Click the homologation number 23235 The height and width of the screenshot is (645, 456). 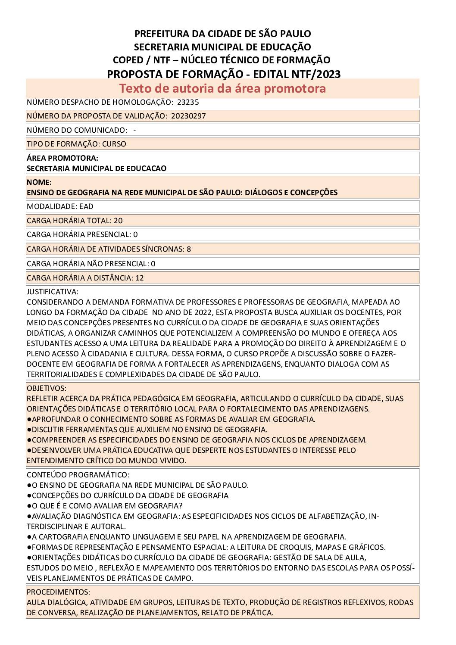pyautogui.click(x=188, y=102)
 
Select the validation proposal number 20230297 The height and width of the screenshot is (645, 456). pyautogui.click(x=188, y=116)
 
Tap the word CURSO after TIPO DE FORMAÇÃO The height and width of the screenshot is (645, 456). pyautogui.click(x=114, y=144)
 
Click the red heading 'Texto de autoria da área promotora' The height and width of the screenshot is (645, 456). pyautogui.click(x=222, y=88)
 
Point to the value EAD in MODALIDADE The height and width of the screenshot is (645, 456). pyautogui.click(x=86, y=206)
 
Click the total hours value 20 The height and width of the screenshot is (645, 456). pyautogui.click(x=118, y=221)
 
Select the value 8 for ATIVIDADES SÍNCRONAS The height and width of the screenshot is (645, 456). pyautogui.click(x=189, y=249)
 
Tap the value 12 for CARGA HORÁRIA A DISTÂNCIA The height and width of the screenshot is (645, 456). pyautogui.click(x=140, y=278)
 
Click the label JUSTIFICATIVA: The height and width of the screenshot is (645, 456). pyautogui.click(x=53, y=292)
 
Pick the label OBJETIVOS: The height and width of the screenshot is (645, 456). pyautogui.click(x=47, y=388)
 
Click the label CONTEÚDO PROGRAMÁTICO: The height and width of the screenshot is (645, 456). pyautogui.click(x=78, y=475)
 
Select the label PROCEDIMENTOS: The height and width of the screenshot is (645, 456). pyautogui.click(x=58, y=592)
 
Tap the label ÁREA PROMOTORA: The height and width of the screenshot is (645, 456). pyautogui.click(x=62, y=158)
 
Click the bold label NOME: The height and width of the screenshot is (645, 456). pyautogui.click(x=39, y=182)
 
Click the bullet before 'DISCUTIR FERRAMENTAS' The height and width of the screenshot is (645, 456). pyautogui.click(x=29, y=430)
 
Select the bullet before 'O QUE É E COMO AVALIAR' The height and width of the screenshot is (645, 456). pyautogui.click(x=29, y=506)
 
